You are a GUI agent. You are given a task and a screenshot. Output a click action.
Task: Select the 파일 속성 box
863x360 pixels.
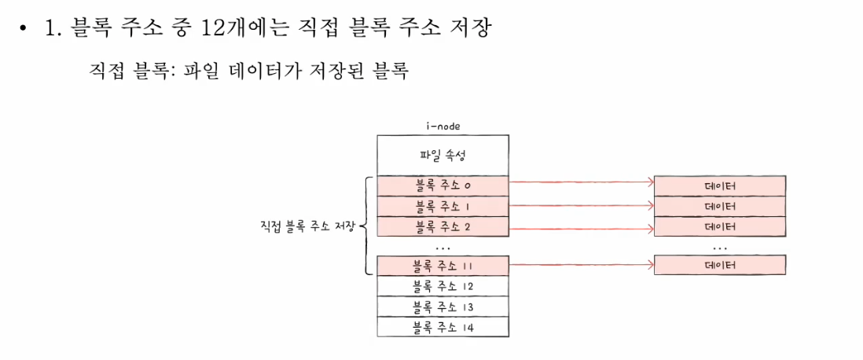coord(443,155)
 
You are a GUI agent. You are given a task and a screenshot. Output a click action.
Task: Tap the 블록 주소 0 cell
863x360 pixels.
coord(443,186)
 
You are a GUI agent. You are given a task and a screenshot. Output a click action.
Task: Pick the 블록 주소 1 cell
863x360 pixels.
coord(443,206)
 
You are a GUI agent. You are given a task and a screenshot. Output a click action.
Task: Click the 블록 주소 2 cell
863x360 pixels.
coord(443,226)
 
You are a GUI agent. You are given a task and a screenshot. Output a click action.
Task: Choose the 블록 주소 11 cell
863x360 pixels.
coord(443,266)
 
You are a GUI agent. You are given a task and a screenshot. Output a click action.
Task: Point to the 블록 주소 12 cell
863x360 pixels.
coord(443,286)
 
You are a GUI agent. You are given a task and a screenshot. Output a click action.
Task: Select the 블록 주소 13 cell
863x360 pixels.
coord(443,307)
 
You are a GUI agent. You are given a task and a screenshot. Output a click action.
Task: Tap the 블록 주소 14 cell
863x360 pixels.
coord(443,327)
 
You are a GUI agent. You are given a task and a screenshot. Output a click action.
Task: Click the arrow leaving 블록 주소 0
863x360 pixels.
coord(582,182)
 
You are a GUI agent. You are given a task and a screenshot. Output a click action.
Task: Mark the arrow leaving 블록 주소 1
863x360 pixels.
coord(582,204)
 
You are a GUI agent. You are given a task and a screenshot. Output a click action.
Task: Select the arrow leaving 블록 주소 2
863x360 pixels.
coord(582,226)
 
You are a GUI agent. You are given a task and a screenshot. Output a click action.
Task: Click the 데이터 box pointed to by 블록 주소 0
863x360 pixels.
coord(720,186)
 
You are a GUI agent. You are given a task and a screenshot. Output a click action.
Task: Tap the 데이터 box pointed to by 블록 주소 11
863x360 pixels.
coord(720,266)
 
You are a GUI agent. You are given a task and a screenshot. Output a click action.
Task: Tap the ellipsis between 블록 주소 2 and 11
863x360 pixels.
coord(443,247)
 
